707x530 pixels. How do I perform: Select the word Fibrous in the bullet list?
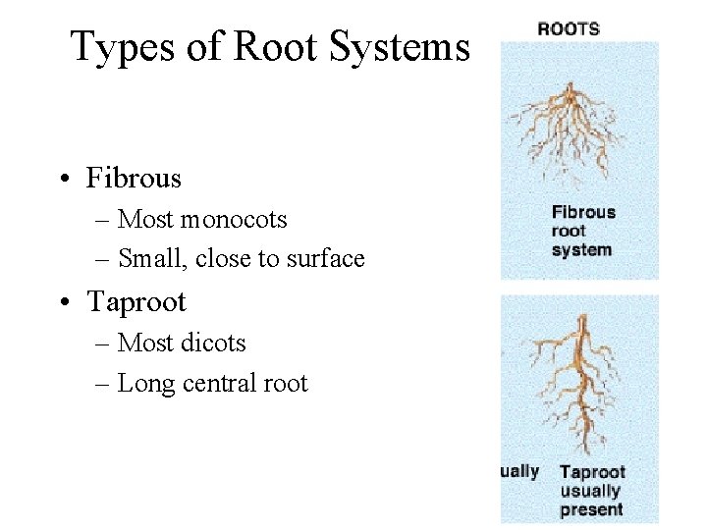click(134, 179)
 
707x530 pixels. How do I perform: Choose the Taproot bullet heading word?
click(136, 301)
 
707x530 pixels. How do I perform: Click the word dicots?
click(213, 344)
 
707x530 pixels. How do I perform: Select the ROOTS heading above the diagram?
click(569, 28)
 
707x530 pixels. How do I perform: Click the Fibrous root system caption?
click(583, 231)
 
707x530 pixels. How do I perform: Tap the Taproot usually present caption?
click(591, 491)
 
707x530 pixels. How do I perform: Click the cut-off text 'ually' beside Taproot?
click(519, 472)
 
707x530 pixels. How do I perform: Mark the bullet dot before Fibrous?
click(63, 180)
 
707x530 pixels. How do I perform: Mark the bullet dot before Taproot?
click(63, 302)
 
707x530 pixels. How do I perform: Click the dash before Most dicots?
click(103, 344)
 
